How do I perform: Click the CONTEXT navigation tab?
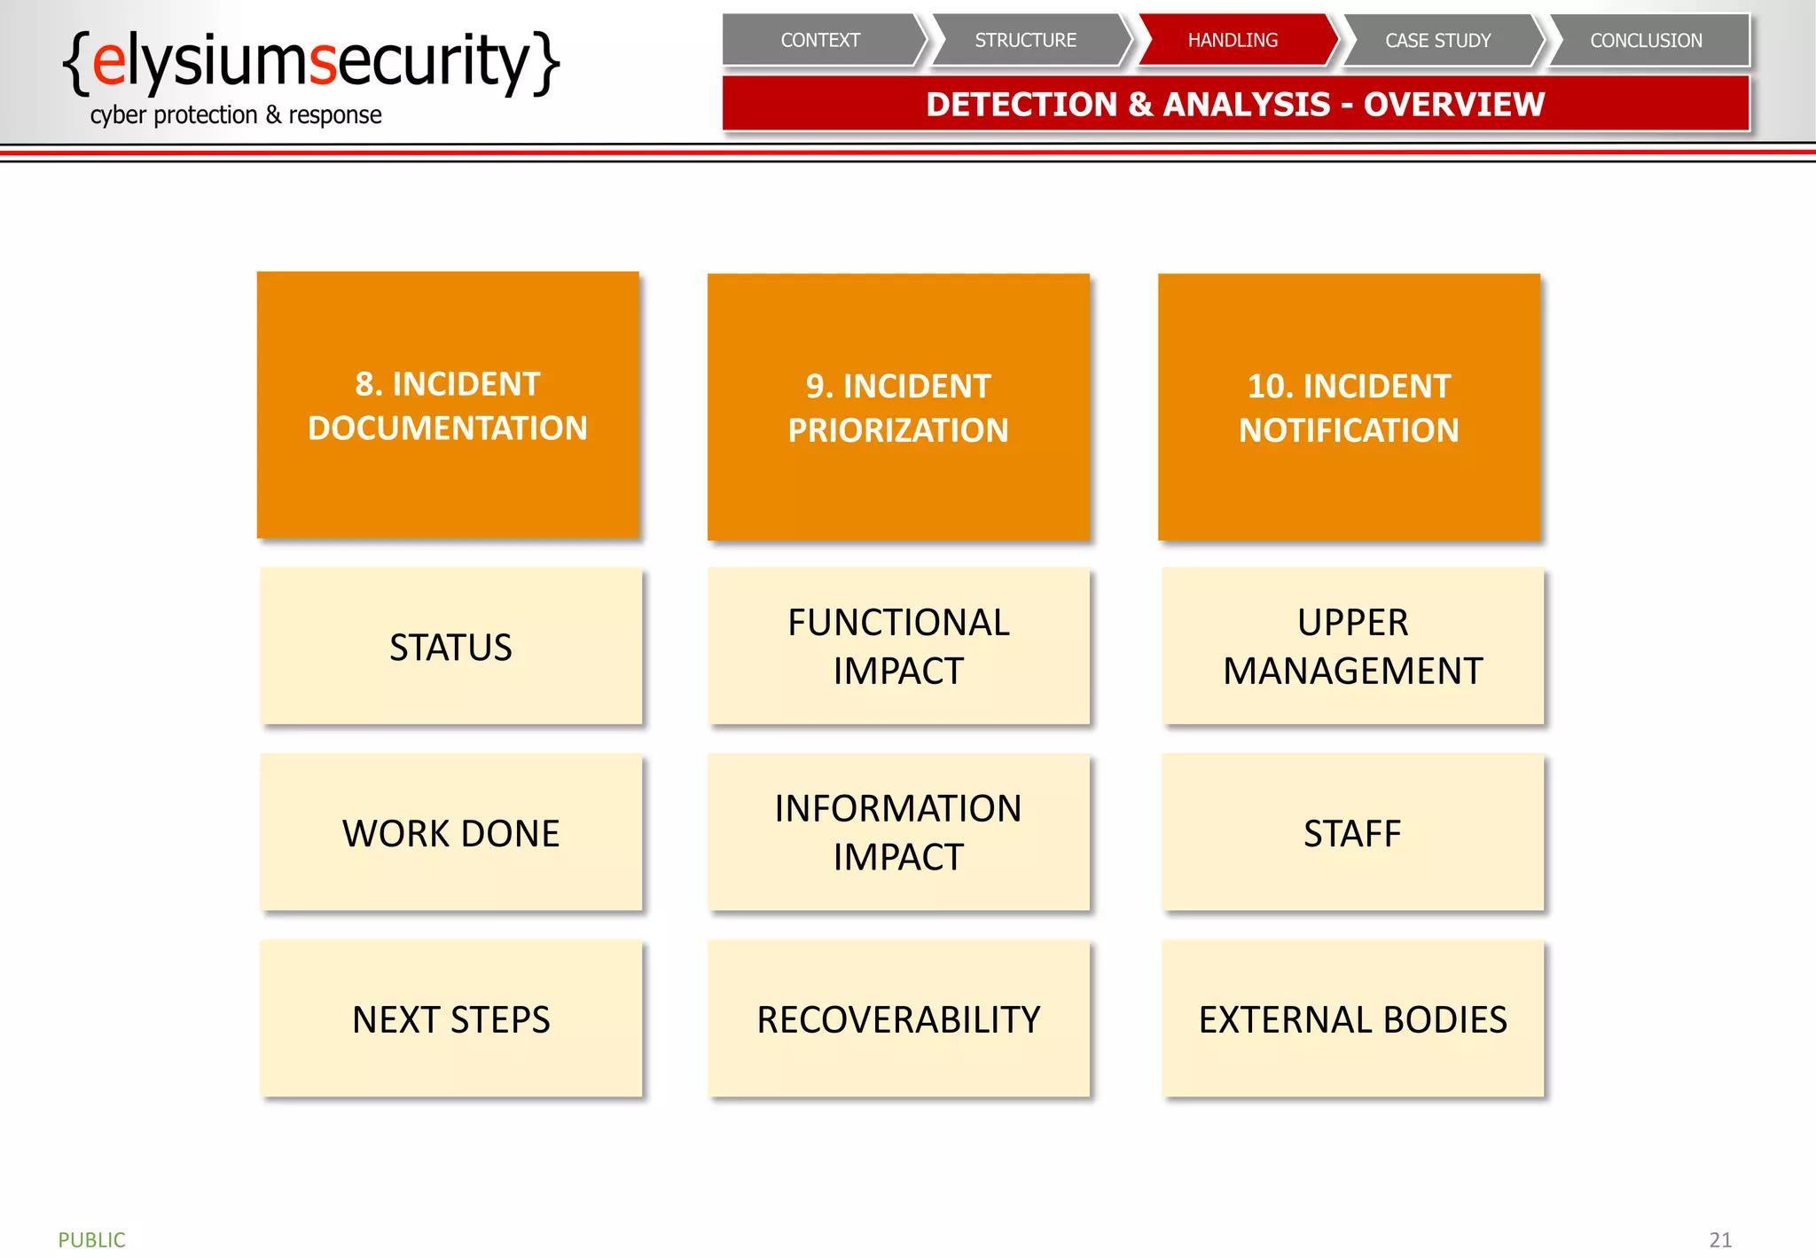pos(820,40)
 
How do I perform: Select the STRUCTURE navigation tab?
pos(1026,40)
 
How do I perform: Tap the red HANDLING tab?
pos(1233,40)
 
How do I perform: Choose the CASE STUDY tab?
pos(1438,40)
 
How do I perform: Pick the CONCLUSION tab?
pos(1646,40)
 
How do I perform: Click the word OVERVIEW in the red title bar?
pos(1454,105)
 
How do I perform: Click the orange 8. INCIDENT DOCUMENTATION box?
pos(448,405)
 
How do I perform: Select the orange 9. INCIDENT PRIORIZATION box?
pos(898,407)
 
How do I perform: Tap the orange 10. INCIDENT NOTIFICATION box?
pos(1349,407)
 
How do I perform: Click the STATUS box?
pos(450,647)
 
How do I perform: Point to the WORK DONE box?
pos(450,833)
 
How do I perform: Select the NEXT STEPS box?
pos(450,1019)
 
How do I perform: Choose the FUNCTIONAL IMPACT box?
pos(898,647)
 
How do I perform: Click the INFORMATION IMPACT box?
pos(898,833)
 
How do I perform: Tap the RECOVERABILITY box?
pos(898,1019)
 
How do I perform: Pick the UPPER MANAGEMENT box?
pos(1352,647)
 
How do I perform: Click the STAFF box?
pos(1352,833)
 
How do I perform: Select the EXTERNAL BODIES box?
pos(1352,1019)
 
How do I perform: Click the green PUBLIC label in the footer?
pos(91,1239)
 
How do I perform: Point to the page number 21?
pos(1720,1239)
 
